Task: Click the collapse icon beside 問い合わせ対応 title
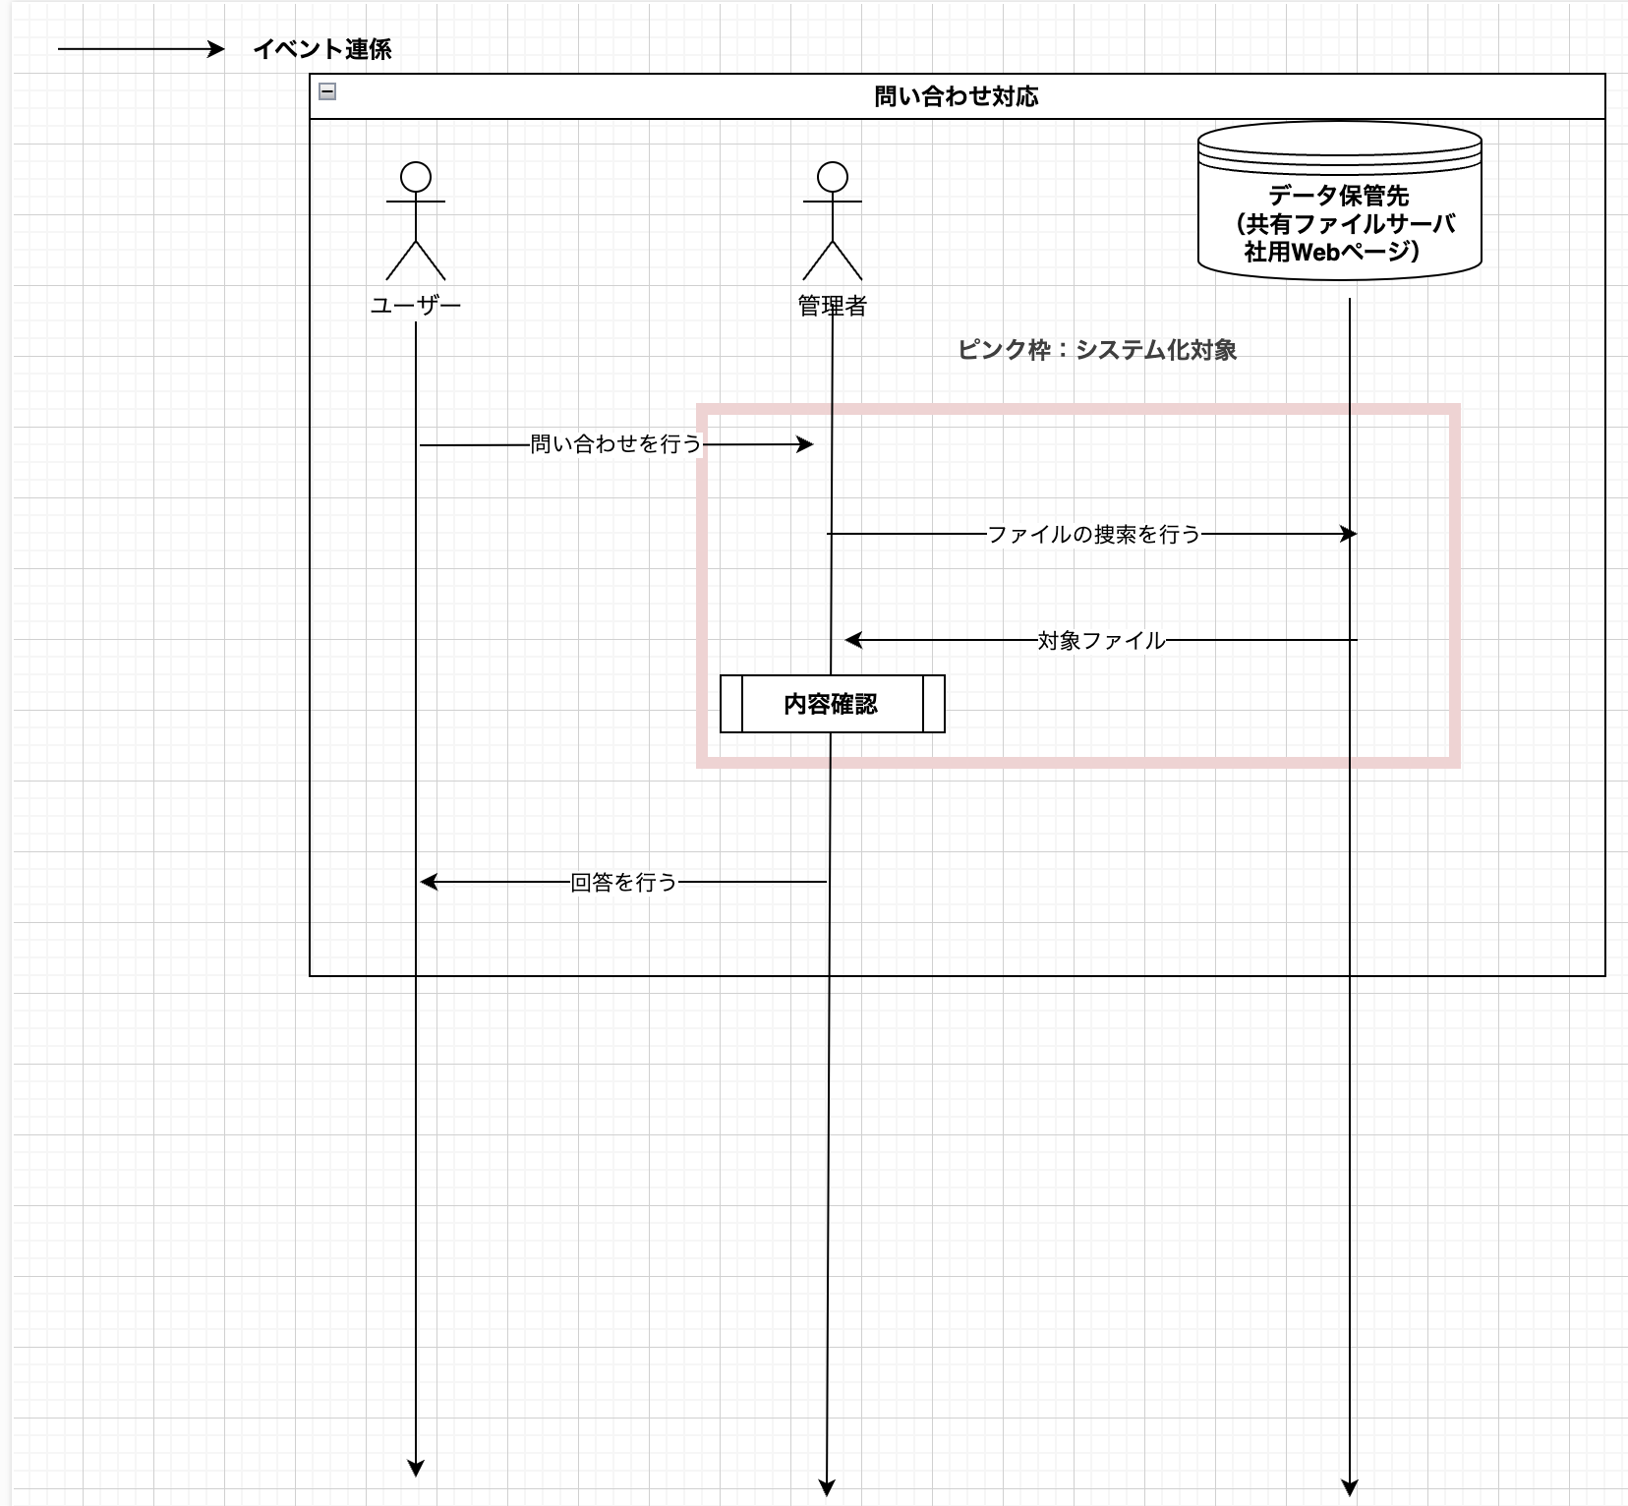[x=327, y=92]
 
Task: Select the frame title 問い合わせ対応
[x=956, y=96]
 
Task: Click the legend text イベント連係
[x=322, y=49]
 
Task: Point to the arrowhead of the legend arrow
[x=217, y=49]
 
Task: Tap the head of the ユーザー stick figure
[x=416, y=177]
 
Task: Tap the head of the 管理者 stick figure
[x=833, y=177]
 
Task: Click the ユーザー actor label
[x=416, y=306]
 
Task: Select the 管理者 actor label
[x=833, y=306]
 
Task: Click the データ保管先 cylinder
[x=1339, y=202]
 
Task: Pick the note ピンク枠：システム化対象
[x=1096, y=350]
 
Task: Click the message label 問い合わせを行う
[x=615, y=444]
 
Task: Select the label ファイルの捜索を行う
[x=1093, y=534]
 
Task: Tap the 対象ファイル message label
[x=1101, y=641]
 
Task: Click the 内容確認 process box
[x=832, y=704]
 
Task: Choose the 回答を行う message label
[x=624, y=883]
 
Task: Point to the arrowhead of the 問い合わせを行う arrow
[x=806, y=445]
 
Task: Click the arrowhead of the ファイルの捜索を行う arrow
[x=1350, y=534]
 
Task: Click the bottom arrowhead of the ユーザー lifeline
[x=416, y=1469]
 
